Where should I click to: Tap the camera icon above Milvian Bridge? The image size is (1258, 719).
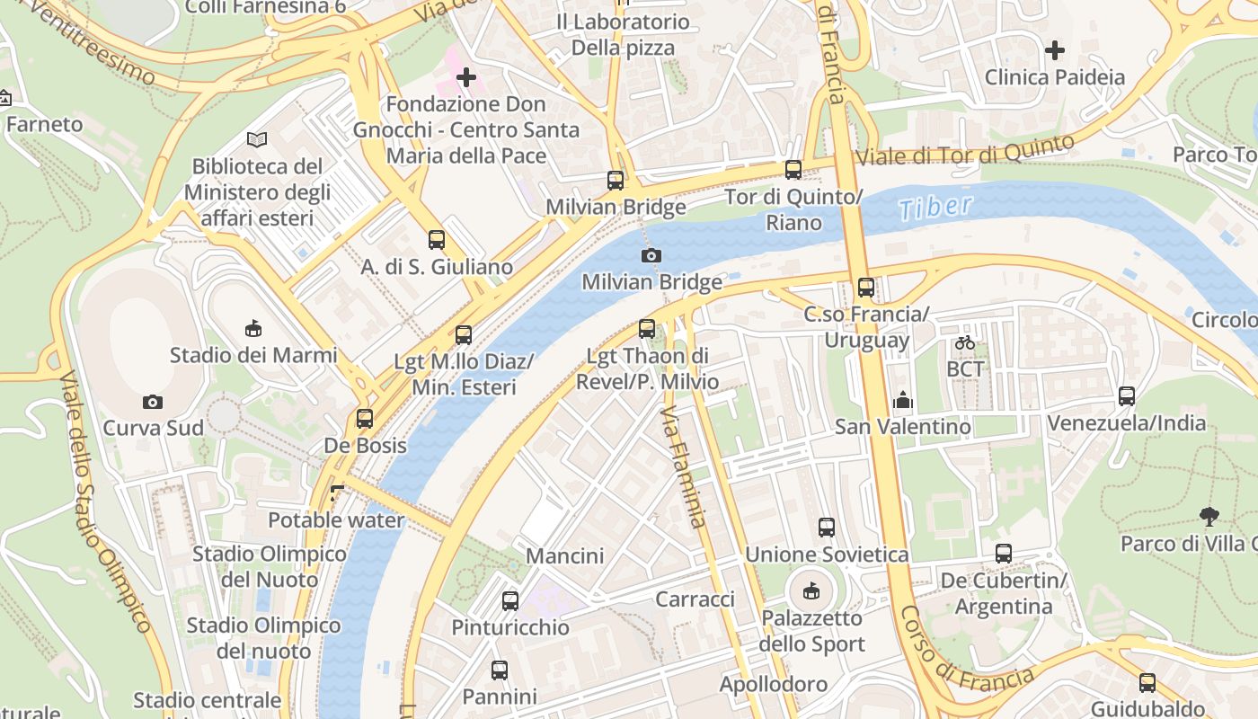(x=651, y=256)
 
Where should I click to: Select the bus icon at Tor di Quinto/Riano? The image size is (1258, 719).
(x=793, y=170)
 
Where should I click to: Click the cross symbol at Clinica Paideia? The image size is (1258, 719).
(x=1055, y=50)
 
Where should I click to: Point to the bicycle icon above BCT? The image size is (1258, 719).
(x=965, y=342)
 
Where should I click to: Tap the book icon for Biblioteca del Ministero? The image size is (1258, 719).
(x=257, y=139)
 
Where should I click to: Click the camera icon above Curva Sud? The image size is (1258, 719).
(x=153, y=402)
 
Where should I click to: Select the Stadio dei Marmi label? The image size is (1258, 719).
(x=253, y=355)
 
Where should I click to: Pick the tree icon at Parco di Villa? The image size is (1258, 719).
(x=1209, y=516)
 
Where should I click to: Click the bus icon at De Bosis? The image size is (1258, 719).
(x=364, y=419)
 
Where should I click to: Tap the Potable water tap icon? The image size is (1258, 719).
(x=337, y=493)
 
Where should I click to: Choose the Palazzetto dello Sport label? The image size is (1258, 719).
(x=811, y=631)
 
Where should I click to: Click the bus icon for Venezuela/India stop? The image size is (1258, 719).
(x=1126, y=396)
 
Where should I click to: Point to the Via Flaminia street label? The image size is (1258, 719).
(x=685, y=467)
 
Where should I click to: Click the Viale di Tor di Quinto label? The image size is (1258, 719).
(x=964, y=150)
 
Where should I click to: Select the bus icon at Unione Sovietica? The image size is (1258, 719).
(x=826, y=528)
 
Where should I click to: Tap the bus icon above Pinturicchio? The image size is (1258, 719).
(x=509, y=601)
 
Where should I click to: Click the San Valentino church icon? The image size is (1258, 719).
(x=902, y=400)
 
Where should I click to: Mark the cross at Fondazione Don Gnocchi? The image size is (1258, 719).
(x=465, y=78)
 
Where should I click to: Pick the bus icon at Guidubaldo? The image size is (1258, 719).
(x=1147, y=682)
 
